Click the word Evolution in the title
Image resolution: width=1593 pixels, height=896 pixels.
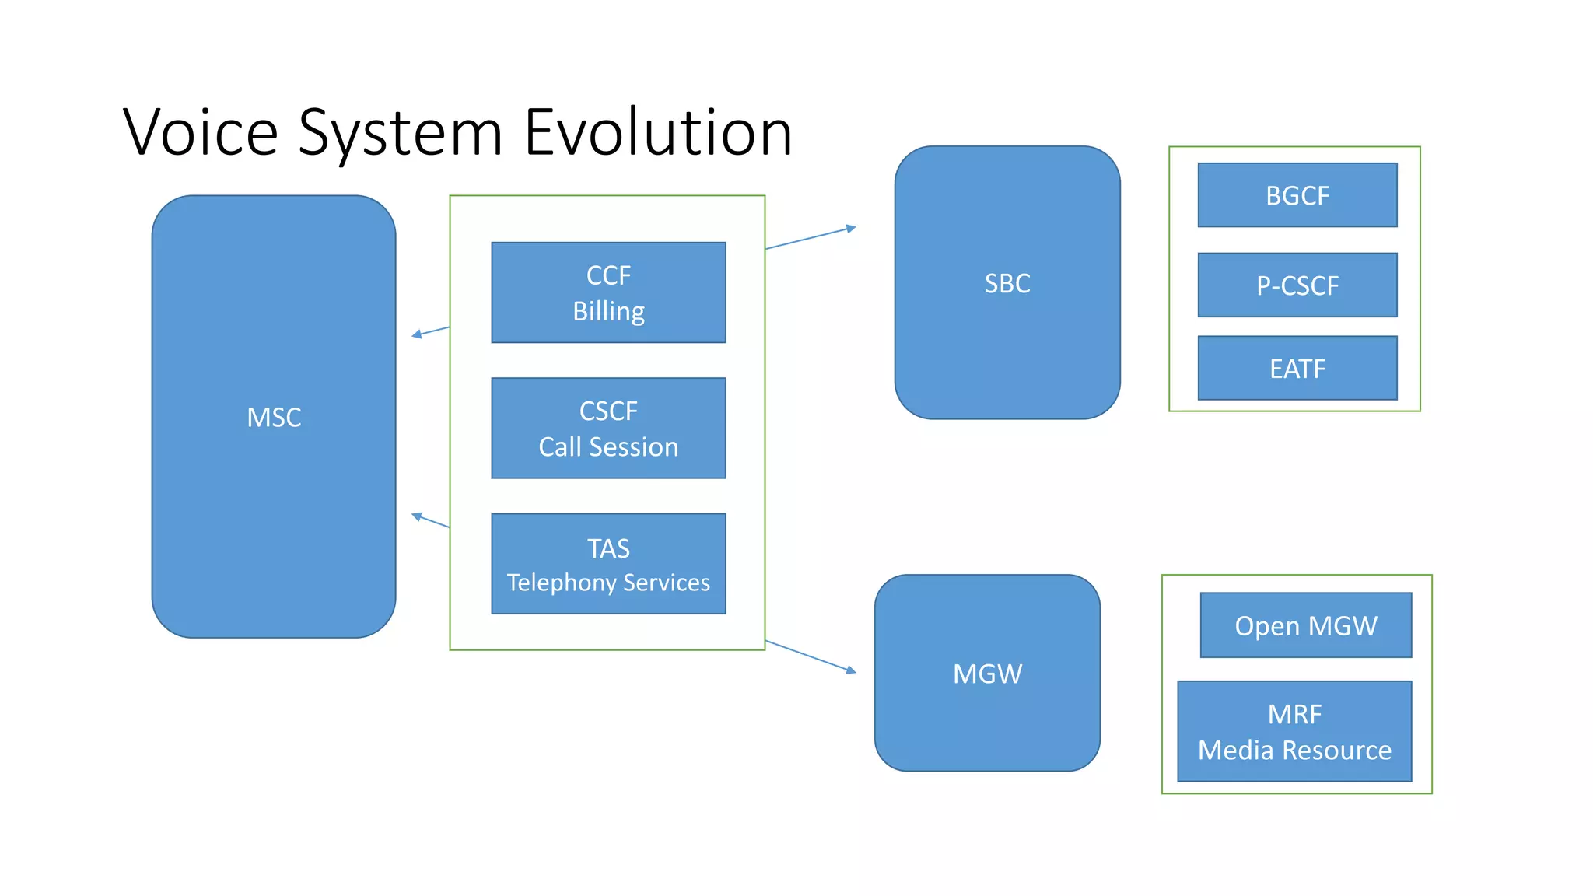(658, 132)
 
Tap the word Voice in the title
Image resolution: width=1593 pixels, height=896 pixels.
(201, 132)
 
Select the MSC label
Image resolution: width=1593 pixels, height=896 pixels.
(274, 418)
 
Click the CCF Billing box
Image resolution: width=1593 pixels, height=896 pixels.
(608, 292)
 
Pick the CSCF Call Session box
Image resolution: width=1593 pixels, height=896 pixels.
(608, 428)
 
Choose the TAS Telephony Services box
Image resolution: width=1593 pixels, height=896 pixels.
(608, 564)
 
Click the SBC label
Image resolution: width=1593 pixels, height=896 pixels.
(1007, 283)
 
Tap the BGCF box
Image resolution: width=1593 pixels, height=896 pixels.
(1297, 195)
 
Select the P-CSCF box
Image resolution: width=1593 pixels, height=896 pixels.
(1297, 285)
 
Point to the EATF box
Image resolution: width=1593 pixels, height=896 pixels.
(1297, 368)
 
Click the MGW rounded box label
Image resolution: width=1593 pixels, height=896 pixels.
(987, 674)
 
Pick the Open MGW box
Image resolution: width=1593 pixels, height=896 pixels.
(1306, 625)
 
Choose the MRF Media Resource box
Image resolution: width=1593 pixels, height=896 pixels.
(1294, 731)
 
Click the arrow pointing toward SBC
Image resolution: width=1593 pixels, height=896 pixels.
(811, 238)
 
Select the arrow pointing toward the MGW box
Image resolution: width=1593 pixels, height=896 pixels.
(811, 656)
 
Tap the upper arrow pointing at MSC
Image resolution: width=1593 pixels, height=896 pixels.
(430, 331)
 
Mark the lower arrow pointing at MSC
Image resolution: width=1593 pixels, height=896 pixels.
(430, 520)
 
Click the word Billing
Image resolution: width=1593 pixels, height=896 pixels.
(608, 311)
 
